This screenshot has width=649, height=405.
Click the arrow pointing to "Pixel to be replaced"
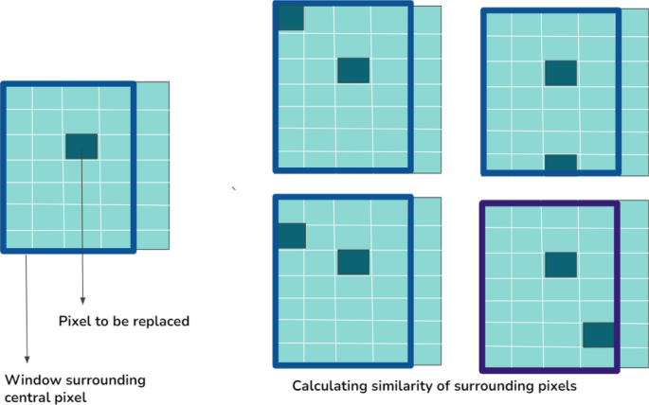(x=83, y=227)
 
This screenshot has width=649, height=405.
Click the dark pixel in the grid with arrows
(x=81, y=146)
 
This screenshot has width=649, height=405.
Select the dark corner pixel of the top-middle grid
(x=290, y=17)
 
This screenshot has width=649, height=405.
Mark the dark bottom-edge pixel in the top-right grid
(x=561, y=163)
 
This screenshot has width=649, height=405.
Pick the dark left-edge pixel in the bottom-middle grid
(x=291, y=236)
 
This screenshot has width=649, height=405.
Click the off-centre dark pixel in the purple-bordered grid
(x=598, y=335)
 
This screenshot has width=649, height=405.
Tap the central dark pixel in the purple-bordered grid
(x=561, y=264)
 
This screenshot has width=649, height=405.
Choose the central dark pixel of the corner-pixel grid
(x=353, y=70)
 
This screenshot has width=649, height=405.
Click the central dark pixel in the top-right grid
(x=561, y=73)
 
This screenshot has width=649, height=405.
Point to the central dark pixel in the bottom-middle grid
(x=353, y=262)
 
